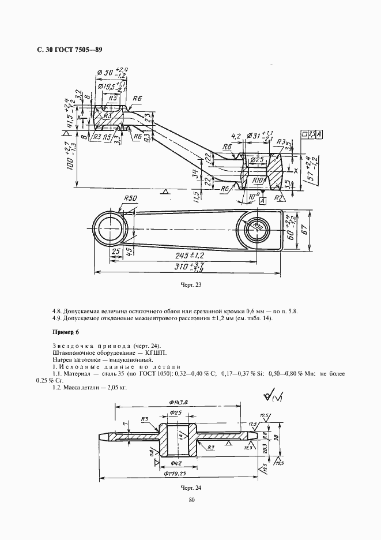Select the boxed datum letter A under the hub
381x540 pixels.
(x=263, y=201)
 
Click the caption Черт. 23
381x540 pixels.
(x=190, y=285)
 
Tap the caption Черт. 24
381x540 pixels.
(x=190, y=488)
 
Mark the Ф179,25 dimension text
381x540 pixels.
(x=178, y=474)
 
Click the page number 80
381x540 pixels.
(x=190, y=500)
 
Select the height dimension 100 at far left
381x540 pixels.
(x=69, y=159)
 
